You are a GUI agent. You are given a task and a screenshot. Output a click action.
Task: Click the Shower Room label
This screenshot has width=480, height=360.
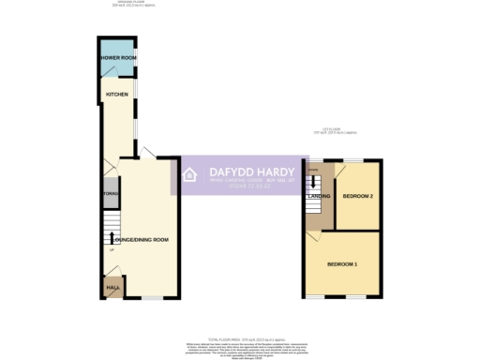coord(119,59)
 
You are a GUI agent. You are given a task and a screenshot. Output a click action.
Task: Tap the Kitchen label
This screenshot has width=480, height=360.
coord(116,95)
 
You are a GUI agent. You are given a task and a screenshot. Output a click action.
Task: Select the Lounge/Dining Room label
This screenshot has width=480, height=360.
coord(141,241)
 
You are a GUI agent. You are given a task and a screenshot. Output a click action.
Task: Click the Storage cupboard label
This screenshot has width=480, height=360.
coord(109,194)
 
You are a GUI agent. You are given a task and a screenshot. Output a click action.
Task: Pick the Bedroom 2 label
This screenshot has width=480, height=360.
coord(358,196)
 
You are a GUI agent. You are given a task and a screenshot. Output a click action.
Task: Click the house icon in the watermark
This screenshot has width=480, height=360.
coord(188,175)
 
